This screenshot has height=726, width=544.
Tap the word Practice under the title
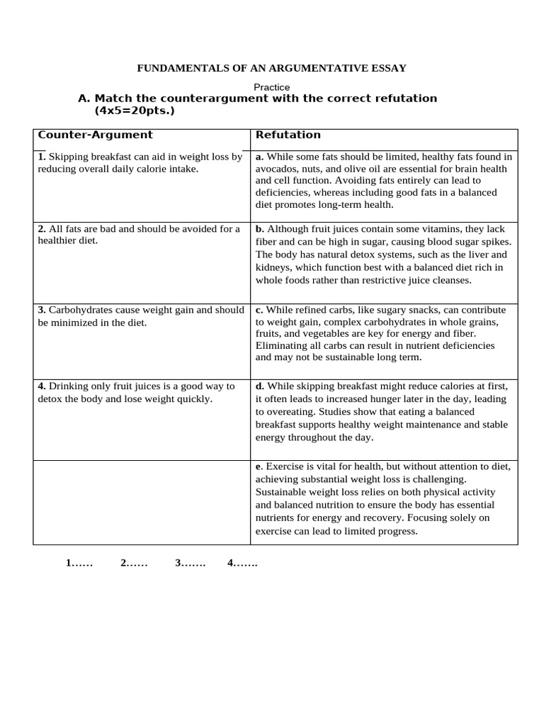tap(272, 87)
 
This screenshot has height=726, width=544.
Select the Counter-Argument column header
tap(95, 135)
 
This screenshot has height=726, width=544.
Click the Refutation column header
tap(288, 135)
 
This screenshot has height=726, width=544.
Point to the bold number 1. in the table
tap(41, 157)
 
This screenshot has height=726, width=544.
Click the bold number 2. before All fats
tap(41, 229)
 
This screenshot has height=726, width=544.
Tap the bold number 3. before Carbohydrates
tap(41, 310)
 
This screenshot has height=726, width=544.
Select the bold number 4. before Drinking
tap(41, 386)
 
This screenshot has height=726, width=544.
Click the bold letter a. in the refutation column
tap(259, 157)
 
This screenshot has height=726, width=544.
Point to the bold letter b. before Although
tap(259, 229)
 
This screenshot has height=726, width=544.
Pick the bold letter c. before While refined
tap(259, 310)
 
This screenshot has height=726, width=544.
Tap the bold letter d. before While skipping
tap(259, 386)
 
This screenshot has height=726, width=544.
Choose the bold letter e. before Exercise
tap(259, 467)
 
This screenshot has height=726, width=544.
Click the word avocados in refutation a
tap(275, 169)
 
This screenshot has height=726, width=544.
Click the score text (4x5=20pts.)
tap(134, 111)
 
